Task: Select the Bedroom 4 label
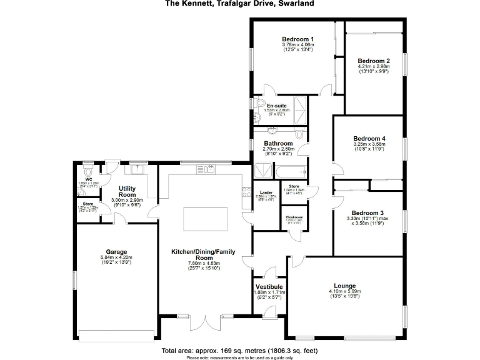click(x=369, y=138)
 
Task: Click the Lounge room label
click(x=345, y=285)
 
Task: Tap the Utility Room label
click(x=127, y=191)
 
